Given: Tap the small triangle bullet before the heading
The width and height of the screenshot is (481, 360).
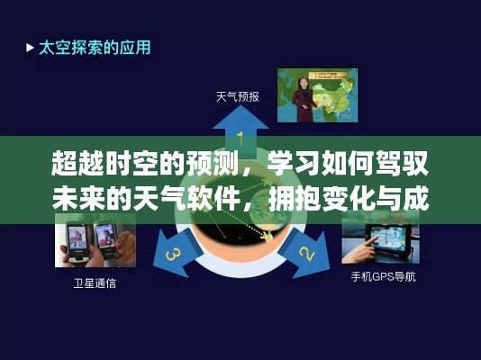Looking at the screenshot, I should [30, 46].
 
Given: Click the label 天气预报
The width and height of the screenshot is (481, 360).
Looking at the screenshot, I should [238, 96].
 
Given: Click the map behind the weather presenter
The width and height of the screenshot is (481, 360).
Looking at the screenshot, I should [333, 90].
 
